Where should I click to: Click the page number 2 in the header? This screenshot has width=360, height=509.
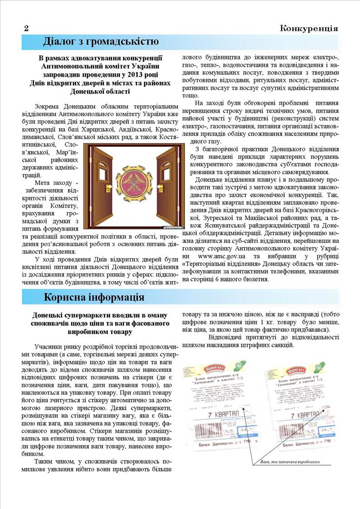[x=26, y=29]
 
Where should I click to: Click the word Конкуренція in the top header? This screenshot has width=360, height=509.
[x=309, y=29]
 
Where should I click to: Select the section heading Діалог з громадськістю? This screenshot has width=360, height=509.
[x=101, y=42]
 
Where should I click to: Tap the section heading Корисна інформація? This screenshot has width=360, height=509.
[x=94, y=297]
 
